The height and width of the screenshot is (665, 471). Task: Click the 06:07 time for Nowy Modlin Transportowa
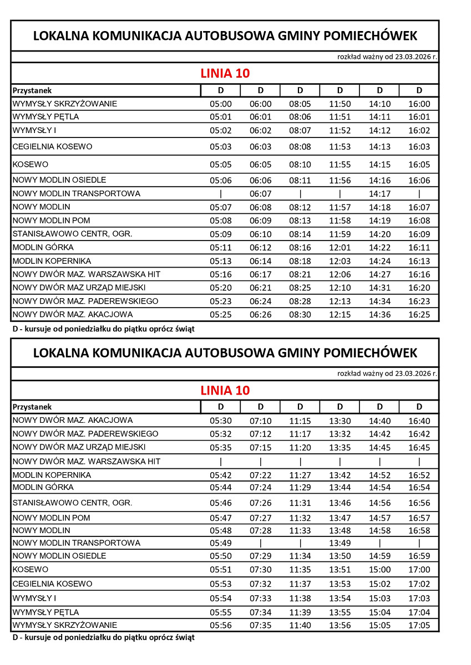(x=260, y=194)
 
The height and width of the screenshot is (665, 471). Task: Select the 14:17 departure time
(x=379, y=194)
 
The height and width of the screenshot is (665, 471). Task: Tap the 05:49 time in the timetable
(x=220, y=543)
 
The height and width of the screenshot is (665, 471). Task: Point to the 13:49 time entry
(x=340, y=543)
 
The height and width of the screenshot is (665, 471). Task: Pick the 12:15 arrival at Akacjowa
(x=340, y=315)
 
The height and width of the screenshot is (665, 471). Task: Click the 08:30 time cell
(x=300, y=315)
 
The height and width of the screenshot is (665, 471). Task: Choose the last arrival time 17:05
(x=419, y=626)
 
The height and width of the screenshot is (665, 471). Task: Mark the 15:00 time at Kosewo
(x=379, y=570)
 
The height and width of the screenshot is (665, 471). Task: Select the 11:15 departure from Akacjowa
(x=300, y=421)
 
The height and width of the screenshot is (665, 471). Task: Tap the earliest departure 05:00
(x=220, y=104)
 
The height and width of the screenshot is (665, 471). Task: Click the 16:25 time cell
(x=419, y=315)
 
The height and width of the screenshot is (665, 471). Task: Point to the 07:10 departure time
(x=260, y=421)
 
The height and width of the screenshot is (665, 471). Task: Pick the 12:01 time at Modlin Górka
(x=340, y=248)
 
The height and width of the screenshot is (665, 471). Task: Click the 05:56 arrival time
(x=220, y=626)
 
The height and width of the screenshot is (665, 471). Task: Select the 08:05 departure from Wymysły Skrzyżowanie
(x=300, y=104)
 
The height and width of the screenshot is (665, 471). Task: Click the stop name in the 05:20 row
(x=79, y=288)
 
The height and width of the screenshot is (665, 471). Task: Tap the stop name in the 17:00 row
(x=31, y=570)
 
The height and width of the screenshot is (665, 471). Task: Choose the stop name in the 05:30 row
(x=73, y=421)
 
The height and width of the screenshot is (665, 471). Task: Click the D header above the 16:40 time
(x=419, y=407)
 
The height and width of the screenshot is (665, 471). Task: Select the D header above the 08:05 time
(x=300, y=90)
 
